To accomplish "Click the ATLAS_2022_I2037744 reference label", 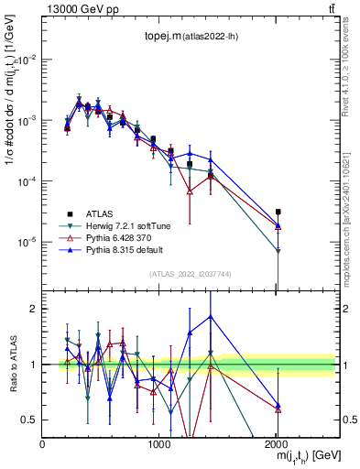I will tap(189, 274).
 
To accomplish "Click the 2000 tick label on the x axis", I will tap(277, 444).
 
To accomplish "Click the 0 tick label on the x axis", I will tap(43, 444).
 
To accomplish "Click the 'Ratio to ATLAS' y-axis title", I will tap(10, 365).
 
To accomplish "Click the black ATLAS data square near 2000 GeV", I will tap(278, 212).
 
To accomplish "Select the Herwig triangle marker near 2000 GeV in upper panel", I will tap(278, 251).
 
